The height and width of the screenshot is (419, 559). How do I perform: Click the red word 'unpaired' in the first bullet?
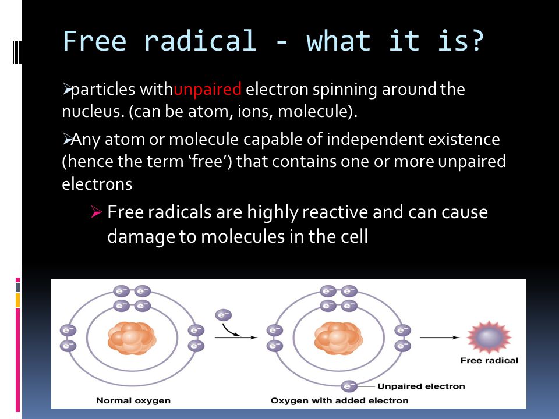click(x=207, y=90)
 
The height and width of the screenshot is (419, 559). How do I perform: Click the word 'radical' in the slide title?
click(x=199, y=41)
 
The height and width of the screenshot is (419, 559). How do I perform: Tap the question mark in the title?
click(x=475, y=41)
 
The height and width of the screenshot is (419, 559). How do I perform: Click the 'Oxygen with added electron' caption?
click(x=339, y=400)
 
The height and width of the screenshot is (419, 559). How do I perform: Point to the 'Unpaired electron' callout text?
click(x=421, y=386)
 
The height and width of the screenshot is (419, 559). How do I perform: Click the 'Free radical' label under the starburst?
click(x=489, y=360)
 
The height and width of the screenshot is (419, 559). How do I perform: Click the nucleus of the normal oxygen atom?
click(x=132, y=338)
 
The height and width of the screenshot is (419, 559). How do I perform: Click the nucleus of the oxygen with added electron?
click(x=338, y=338)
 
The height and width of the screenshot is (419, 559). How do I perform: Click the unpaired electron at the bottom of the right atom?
click(x=349, y=386)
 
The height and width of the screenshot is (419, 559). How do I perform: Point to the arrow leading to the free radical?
click(x=441, y=337)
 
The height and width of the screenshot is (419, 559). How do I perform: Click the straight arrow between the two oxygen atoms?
click(x=236, y=337)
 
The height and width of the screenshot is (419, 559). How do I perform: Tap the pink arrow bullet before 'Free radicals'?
click(x=97, y=213)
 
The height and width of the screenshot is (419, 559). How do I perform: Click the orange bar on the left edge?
click(x=18, y=300)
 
